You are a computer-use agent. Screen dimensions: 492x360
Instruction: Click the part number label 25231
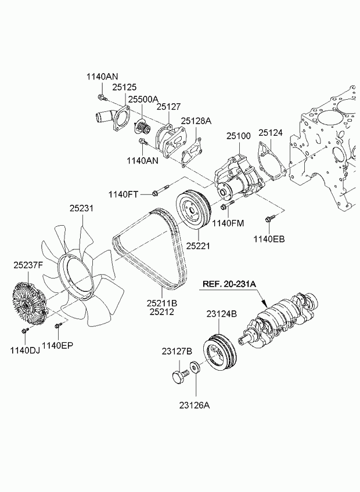pyautogui.click(x=82, y=208)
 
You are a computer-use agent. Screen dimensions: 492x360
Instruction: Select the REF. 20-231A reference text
pyautogui.click(x=229, y=284)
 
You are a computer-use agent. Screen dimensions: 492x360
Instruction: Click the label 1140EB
pyautogui.click(x=269, y=238)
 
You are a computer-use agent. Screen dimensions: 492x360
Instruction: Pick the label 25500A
pyautogui.click(x=143, y=99)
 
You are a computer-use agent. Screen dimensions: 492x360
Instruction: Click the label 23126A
pyautogui.click(x=195, y=406)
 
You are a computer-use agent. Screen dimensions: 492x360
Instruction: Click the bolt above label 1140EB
pyautogui.click(x=269, y=219)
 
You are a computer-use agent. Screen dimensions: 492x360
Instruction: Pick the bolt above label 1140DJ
pyautogui.click(x=24, y=331)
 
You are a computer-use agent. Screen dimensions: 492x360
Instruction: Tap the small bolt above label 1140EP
pyautogui.click(x=57, y=325)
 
